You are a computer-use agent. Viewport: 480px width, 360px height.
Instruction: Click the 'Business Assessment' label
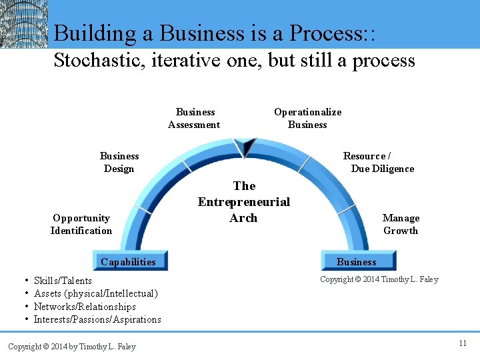(x=194, y=118)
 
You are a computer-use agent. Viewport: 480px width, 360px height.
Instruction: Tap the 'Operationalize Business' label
(x=307, y=118)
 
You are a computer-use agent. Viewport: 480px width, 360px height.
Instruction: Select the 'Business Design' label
(x=119, y=162)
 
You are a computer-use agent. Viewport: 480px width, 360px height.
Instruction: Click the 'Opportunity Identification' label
(x=81, y=224)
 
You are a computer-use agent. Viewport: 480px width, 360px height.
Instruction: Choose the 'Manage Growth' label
(x=401, y=224)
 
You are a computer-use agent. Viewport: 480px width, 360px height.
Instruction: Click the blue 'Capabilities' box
(x=129, y=261)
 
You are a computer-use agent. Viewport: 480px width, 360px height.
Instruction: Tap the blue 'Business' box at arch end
(x=357, y=261)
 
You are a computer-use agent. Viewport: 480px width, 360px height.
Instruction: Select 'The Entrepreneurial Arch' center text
(x=243, y=202)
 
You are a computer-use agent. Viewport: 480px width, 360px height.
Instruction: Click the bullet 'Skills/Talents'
(x=63, y=281)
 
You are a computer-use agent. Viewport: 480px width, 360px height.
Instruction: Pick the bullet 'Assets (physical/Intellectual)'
(x=95, y=293)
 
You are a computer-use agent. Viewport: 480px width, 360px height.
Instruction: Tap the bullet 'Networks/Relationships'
(x=85, y=307)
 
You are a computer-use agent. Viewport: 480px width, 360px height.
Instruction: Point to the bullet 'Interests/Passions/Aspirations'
(x=97, y=319)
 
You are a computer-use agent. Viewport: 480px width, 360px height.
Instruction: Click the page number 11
(x=462, y=343)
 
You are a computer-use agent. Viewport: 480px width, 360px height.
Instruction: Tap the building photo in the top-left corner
(x=24, y=24)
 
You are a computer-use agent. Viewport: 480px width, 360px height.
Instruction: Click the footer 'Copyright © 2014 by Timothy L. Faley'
(x=71, y=346)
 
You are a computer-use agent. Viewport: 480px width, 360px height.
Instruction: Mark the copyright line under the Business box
(x=379, y=279)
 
